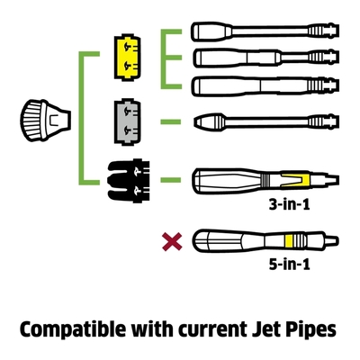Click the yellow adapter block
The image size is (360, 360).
point(128,58)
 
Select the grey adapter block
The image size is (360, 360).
point(128,122)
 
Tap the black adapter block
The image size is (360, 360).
point(129,180)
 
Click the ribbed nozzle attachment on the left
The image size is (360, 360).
point(46,121)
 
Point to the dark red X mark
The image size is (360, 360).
point(172,242)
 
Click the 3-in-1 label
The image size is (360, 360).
point(289,204)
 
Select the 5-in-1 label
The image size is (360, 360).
point(289,265)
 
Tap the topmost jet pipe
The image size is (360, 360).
point(265,31)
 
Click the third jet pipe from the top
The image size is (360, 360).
point(265,86)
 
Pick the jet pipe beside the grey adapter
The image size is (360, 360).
point(267,121)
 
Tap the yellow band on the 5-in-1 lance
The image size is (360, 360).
point(289,241)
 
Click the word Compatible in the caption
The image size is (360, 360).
point(73,330)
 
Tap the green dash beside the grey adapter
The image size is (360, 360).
point(171,121)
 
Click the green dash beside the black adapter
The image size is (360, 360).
point(171,180)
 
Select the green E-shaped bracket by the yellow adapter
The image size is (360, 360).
point(164,59)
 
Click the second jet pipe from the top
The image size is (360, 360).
point(265,58)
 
